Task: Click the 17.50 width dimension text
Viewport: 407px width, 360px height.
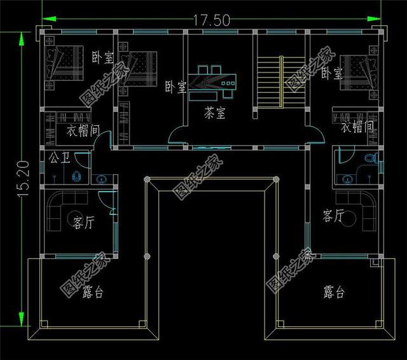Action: [212, 20]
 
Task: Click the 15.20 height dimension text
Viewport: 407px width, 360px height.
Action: [24, 179]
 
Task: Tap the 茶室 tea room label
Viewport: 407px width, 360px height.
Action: [215, 113]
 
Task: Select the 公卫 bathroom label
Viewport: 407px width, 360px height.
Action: [59, 157]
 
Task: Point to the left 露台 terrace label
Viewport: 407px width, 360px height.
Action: [93, 292]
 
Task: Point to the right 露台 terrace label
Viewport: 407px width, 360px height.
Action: [334, 292]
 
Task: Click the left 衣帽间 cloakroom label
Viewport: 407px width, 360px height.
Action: [83, 130]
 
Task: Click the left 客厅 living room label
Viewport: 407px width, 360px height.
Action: [83, 223]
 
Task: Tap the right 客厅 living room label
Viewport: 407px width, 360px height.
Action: [333, 216]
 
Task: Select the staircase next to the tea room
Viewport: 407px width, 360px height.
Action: [281, 82]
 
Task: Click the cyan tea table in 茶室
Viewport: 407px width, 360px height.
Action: [212, 83]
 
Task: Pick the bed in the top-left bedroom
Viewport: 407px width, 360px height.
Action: [64, 63]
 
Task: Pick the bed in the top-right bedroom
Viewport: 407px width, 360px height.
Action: [359, 73]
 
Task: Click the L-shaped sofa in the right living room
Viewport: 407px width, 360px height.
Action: [356, 211]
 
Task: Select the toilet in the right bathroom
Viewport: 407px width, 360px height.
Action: [371, 158]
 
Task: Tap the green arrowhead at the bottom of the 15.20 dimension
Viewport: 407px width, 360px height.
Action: [22, 318]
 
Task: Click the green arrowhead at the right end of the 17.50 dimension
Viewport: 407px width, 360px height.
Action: [374, 19]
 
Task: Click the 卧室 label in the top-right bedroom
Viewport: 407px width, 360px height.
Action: [332, 73]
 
